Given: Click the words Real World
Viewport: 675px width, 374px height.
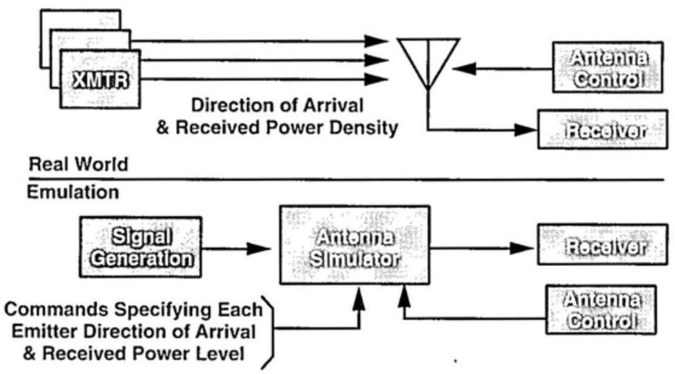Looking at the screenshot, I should pos(77,165).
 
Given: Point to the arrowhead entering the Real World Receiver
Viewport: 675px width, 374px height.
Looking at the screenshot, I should pos(527,130).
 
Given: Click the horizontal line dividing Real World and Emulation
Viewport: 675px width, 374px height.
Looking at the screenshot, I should pos(348,178).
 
